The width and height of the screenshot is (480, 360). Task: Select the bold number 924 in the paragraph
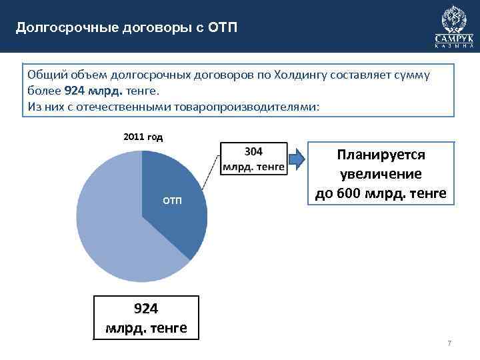75,91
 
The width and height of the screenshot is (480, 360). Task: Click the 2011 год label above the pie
143,137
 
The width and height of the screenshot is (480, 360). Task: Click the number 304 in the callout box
253,153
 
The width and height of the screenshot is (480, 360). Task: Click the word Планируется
381,155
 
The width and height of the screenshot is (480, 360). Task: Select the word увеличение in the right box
381,174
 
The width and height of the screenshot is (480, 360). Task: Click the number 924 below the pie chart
146,309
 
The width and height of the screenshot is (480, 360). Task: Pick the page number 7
449,343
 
